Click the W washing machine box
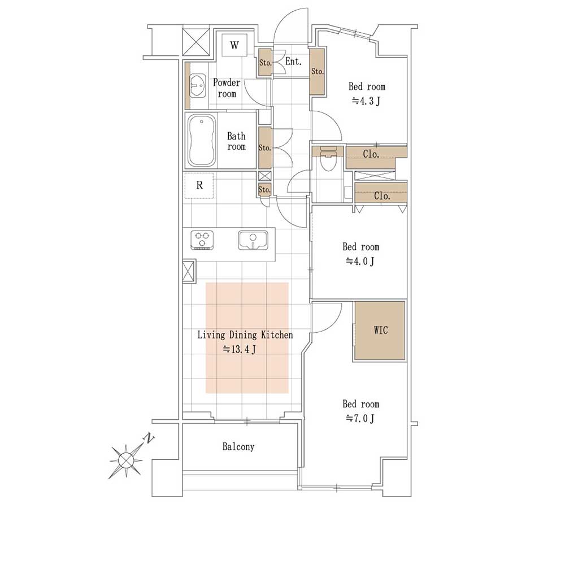(x=234, y=45)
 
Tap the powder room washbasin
(x=197, y=86)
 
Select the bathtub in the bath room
(x=202, y=141)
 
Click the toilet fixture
(x=328, y=159)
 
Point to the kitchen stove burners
(x=202, y=240)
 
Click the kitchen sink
(x=253, y=240)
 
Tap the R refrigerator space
(x=199, y=185)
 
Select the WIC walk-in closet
(x=380, y=331)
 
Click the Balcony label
(x=238, y=447)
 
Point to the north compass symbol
(x=126, y=460)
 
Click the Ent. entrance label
(x=293, y=62)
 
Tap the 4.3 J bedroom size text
(x=366, y=101)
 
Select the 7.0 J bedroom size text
(x=360, y=419)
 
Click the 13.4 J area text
(x=239, y=349)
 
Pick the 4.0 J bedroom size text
(x=360, y=261)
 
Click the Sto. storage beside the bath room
(x=265, y=147)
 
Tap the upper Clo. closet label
(x=371, y=154)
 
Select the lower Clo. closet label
(x=382, y=196)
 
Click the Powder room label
(x=227, y=88)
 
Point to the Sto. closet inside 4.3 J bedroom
(x=318, y=71)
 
